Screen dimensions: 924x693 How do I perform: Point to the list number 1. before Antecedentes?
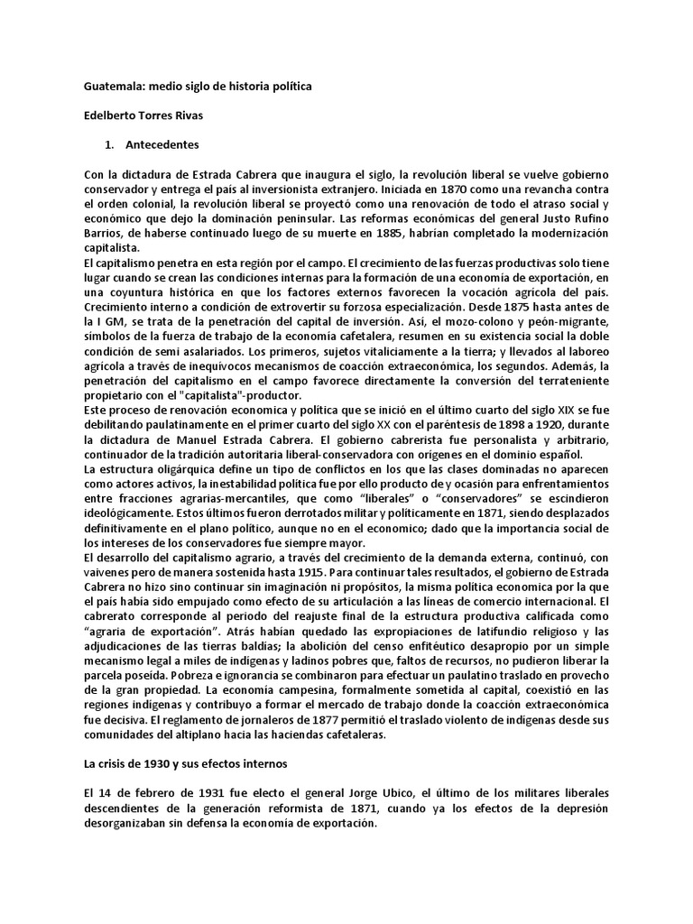click(111, 144)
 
